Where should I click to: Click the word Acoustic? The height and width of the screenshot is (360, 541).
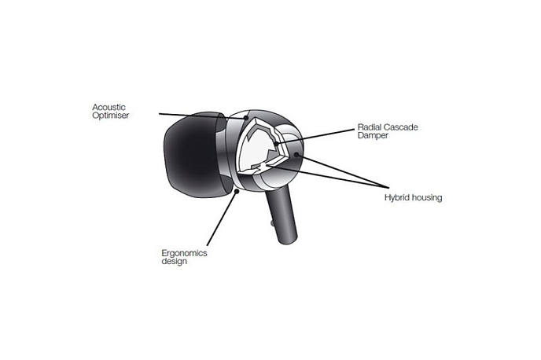pyautogui.click(x=109, y=107)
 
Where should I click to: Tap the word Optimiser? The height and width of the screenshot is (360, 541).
pyautogui.click(x=110, y=116)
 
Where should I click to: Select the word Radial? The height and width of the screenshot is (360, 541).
pyautogui.click(x=368, y=127)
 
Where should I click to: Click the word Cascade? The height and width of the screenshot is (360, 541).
pyautogui.click(x=399, y=127)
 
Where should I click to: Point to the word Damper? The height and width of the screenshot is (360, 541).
pyautogui.click(x=373, y=135)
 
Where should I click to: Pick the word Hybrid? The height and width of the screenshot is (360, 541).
pyautogui.click(x=396, y=198)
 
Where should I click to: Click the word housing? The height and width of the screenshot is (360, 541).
pyautogui.click(x=425, y=198)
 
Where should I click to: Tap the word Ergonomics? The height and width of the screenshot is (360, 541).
pyautogui.click(x=184, y=253)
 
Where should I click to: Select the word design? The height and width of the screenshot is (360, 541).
pyautogui.click(x=175, y=262)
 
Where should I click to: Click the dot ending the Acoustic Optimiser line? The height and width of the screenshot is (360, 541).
pyautogui.click(x=246, y=118)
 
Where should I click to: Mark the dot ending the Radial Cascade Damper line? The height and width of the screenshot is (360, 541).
pyautogui.click(x=276, y=142)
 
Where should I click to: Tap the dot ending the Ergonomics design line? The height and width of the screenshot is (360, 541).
pyautogui.click(x=237, y=191)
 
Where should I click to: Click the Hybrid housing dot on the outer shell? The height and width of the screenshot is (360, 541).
pyautogui.click(x=296, y=155)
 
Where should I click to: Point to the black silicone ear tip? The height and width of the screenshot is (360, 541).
pyautogui.click(x=193, y=155)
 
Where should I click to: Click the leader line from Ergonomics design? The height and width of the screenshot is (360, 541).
pyautogui.click(x=222, y=219)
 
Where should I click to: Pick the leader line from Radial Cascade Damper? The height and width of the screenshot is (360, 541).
pyautogui.click(x=315, y=136)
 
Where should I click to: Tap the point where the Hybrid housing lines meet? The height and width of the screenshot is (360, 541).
pyautogui.click(x=388, y=188)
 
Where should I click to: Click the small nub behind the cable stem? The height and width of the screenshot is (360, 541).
pyautogui.click(x=272, y=223)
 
